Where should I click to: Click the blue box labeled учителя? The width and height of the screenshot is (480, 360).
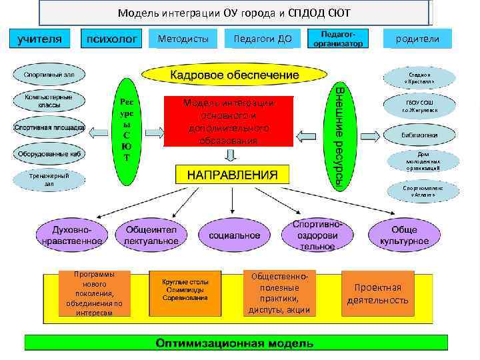pos(39,39)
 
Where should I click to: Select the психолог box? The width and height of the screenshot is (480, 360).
pos(111,39)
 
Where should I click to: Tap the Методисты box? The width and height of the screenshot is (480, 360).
pos(183,39)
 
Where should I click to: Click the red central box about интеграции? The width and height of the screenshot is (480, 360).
pos(229,122)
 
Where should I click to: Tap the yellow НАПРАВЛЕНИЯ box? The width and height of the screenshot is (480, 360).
pos(232,175)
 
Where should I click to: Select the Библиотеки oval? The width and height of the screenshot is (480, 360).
pos(419,133)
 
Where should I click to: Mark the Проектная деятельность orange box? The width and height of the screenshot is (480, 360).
pos(377,293)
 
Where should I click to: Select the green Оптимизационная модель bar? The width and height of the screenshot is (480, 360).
pos(233,343)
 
